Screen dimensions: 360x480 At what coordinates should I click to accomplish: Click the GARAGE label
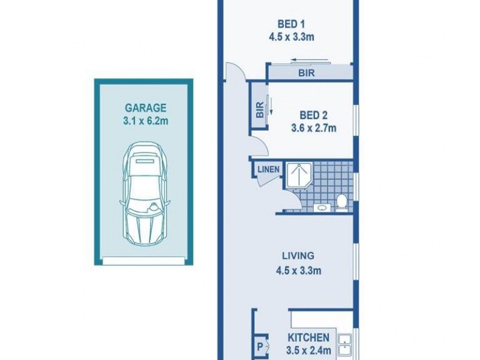[145, 109]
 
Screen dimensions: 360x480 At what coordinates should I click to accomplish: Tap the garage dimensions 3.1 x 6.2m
[145, 121]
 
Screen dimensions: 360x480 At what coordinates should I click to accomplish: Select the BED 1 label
[292, 25]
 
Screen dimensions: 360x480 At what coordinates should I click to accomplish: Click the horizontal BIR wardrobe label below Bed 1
[306, 73]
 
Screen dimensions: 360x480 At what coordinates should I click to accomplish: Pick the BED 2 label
[314, 115]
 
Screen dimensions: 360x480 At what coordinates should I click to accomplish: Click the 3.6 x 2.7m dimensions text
[314, 127]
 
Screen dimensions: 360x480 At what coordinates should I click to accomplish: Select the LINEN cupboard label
[268, 169]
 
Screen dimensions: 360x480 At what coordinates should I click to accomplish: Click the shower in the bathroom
[298, 176]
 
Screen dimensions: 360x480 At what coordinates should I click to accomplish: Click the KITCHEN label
[308, 338]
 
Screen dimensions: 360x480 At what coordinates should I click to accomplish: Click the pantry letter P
[260, 346]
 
